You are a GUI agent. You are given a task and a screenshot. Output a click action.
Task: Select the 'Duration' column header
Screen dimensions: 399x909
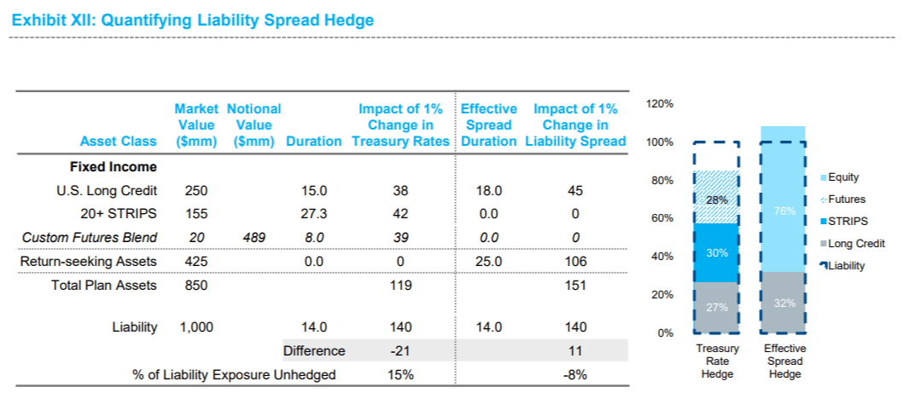click(x=313, y=142)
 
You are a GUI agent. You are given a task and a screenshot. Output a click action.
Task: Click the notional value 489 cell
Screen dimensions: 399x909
click(x=253, y=238)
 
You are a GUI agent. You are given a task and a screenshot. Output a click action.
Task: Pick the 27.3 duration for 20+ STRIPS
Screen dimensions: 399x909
click(x=313, y=214)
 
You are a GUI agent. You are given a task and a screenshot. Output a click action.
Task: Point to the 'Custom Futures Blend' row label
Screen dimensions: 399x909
click(x=90, y=238)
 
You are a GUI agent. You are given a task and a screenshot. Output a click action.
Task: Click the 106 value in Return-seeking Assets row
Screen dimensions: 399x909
click(x=574, y=262)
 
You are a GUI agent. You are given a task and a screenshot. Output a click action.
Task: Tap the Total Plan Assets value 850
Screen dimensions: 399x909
click(x=195, y=286)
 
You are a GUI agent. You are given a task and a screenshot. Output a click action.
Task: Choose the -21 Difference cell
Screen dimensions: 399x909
click(x=399, y=350)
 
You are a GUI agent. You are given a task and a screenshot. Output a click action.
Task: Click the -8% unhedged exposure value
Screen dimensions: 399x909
click(x=574, y=374)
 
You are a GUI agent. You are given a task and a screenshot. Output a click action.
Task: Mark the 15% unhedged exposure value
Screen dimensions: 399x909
click(x=399, y=374)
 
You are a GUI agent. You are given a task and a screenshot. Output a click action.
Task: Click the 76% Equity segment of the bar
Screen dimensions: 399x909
click(x=784, y=211)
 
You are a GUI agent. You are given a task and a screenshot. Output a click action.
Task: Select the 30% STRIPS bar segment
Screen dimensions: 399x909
click(x=717, y=252)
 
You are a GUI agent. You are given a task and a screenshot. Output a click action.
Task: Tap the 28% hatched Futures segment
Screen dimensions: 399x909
click(x=717, y=199)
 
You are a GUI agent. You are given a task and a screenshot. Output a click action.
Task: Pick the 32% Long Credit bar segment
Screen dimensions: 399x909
click(x=784, y=303)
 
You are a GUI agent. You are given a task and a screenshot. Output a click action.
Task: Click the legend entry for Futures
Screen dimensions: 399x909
click(x=842, y=199)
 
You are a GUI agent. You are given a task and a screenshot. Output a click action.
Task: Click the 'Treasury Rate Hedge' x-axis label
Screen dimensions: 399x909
click(x=717, y=361)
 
